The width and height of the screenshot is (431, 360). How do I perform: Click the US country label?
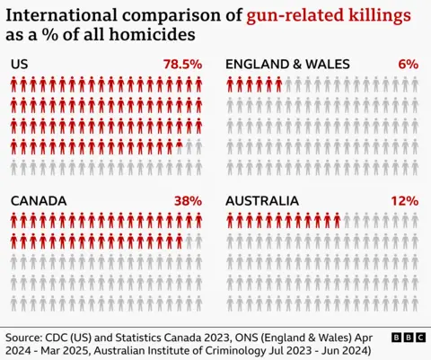pyautogui.click(x=20, y=65)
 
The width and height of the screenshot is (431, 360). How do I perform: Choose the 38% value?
pyautogui.click(x=189, y=201)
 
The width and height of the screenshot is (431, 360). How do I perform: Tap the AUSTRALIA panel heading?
pyautogui.click(x=266, y=201)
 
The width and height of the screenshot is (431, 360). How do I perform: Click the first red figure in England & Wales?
pyautogui.click(x=231, y=85)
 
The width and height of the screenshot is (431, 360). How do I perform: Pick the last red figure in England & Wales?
pyautogui.click(x=278, y=85)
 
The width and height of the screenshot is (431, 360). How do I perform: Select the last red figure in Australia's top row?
pyautogui.click(x=337, y=222)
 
